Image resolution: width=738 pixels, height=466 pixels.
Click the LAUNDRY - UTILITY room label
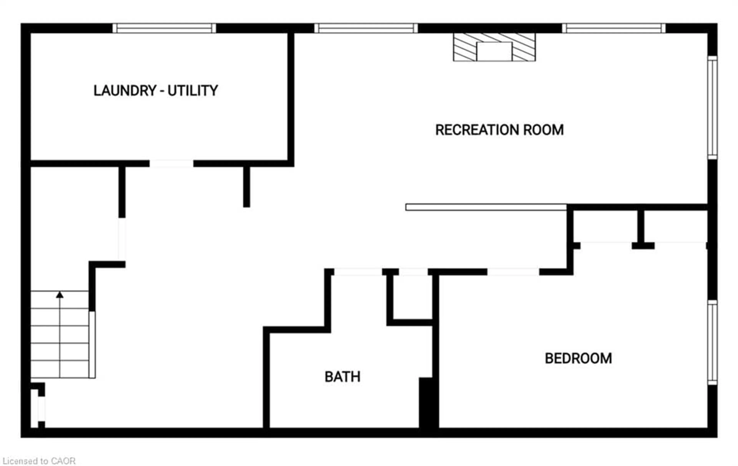(x=156, y=91)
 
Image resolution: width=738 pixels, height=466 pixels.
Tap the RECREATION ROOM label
(x=499, y=130)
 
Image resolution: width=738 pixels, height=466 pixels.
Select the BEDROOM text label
(x=578, y=358)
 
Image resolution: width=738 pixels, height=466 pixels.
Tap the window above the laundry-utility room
(x=164, y=28)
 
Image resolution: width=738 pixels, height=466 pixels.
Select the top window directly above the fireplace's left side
(x=366, y=28)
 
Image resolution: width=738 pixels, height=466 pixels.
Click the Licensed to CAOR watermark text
(x=39, y=461)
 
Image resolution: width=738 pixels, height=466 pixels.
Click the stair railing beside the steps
(x=92, y=344)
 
